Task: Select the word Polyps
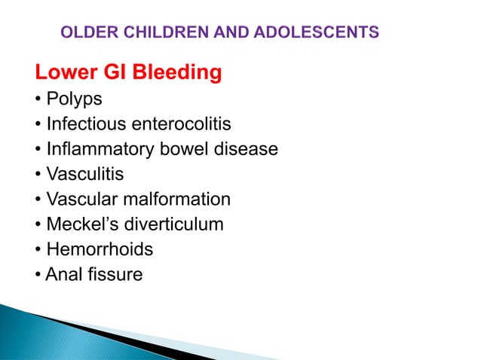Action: click(x=74, y=99)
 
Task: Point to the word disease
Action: click(x=245, y=149)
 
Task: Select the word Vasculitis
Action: click(x=84, y=175)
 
